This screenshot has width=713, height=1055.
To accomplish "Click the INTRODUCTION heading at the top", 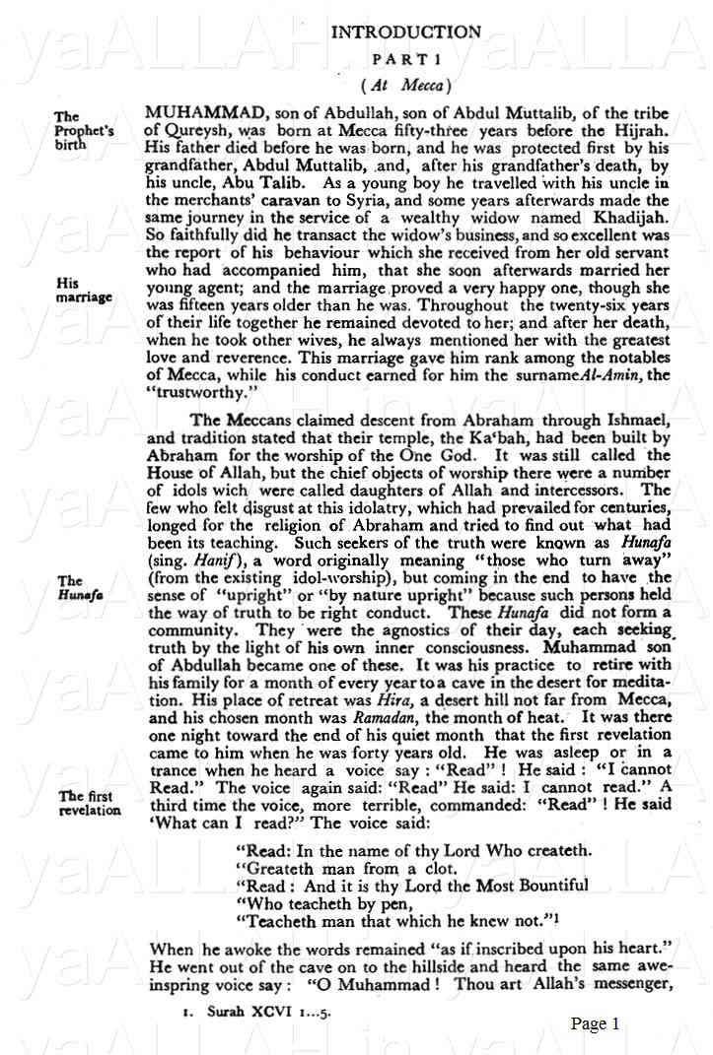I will tap(406, 32).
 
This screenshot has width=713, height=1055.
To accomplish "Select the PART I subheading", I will tap(406, 59).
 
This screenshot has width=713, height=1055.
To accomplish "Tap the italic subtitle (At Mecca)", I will tap(406, 85).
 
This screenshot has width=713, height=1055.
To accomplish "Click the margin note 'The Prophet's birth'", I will tap(84, 130).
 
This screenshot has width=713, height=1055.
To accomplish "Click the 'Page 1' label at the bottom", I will tap(595, 1023).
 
